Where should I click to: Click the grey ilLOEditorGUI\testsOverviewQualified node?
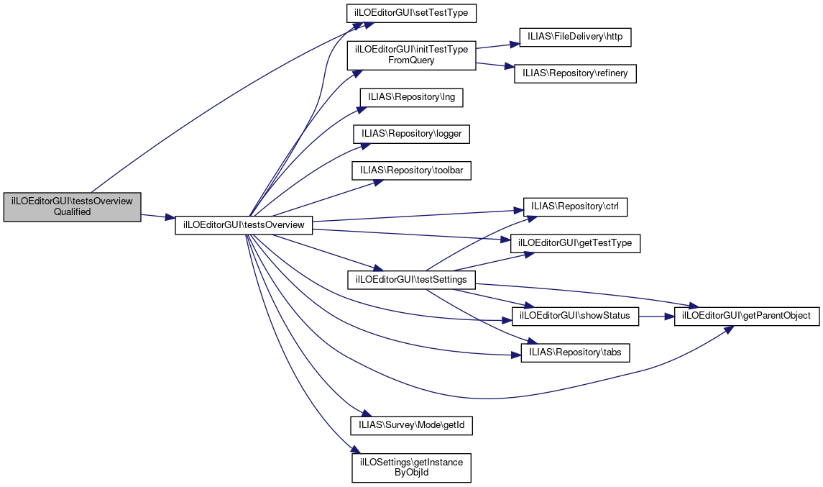pyautogui.click(x=72, y=206)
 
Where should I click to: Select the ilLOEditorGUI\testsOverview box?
pyautogui.click(x=244, y=225)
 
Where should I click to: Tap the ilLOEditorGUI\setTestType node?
pyautogui.click(x=412, y=13)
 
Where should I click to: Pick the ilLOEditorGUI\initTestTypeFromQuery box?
pyautogui.click(x=412, y=55)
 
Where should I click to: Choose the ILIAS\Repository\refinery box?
pyautogui.click(x=575, y=73)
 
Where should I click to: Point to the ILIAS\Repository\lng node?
pyautogui.click(x=412, y=96)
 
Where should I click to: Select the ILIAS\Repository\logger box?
pyautogui.click(x=412, y=134)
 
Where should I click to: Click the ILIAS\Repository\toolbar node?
pyautogui.click(x=412, y=170)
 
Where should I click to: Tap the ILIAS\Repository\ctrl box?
pyautogui.click(x=575, y=206)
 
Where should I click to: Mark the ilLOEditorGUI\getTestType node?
pyautogui.click(x=575, y=243)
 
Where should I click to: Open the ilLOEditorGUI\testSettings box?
pyautogui.click(x=412, y=279)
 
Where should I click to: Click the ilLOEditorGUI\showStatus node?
pyautogui.click(x=575, y=315)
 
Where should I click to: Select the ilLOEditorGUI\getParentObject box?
pyautogui.click(x=746, y=315)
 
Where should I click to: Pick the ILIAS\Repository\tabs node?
pyautogui.click(x=575, y=352)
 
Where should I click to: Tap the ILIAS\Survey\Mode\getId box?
pyautogui.click(x=412, y=425)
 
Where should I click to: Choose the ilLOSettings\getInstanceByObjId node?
pyautogui.click(x=412, y=467)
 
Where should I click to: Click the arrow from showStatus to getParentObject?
pyautogui.click(x=656, y=315)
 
